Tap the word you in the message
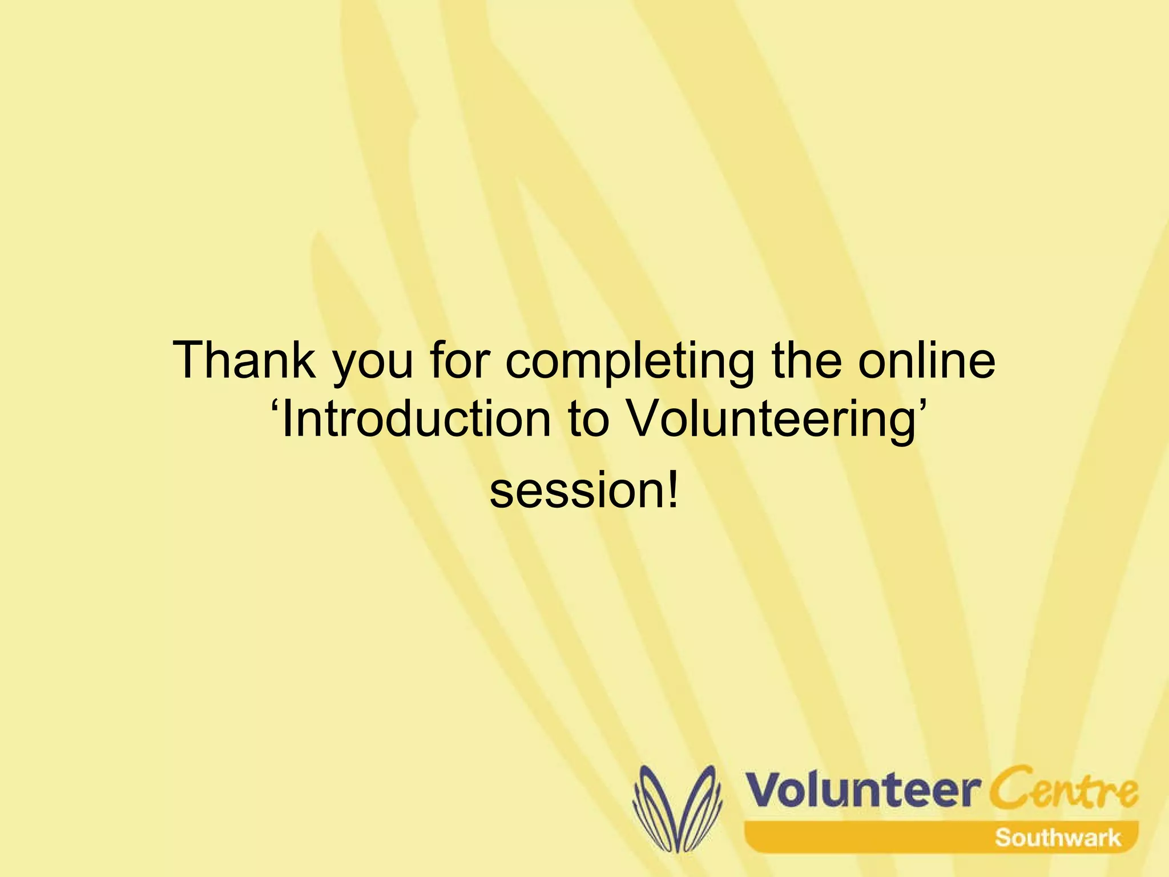pyautogui.click(x=372, y=365)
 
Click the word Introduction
pyautogui.click(x=417, y=419)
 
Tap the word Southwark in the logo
pyautogui.click(x=1058, y=838)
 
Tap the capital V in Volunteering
pyautogui.click(x=645, y=419)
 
